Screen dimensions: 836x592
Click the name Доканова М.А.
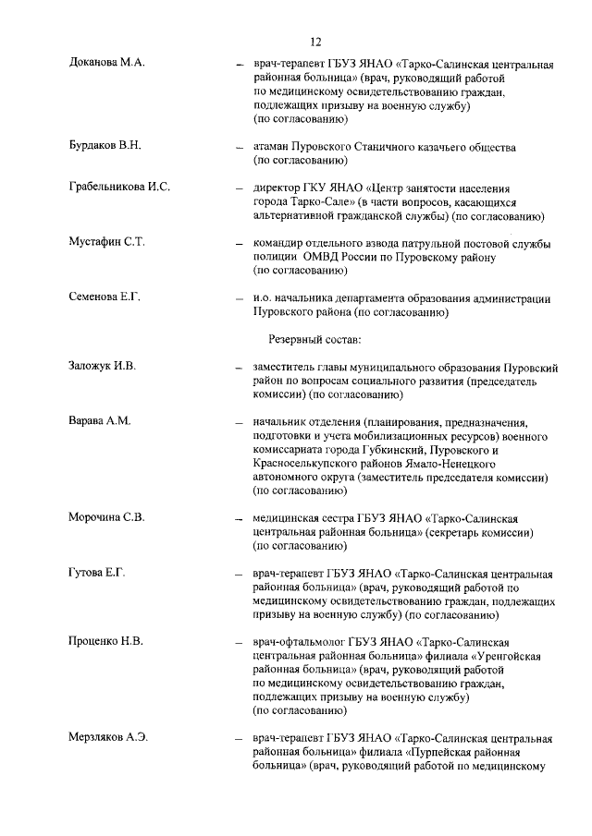pos(107,62)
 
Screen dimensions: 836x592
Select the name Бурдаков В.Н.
pos(105,146)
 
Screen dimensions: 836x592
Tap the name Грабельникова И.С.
pos(119,188)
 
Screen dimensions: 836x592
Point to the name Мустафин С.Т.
pos(107,242)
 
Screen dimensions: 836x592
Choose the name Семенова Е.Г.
pos(105,297)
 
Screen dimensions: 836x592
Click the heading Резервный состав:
pos(314,339)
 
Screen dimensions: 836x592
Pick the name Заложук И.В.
pos(103,367)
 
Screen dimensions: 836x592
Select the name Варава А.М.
pos(100,420)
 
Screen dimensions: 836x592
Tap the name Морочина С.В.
pos(107,516)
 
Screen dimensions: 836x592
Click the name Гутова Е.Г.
pos(97,573)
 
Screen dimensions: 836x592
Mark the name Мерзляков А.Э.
pos(109,737)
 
